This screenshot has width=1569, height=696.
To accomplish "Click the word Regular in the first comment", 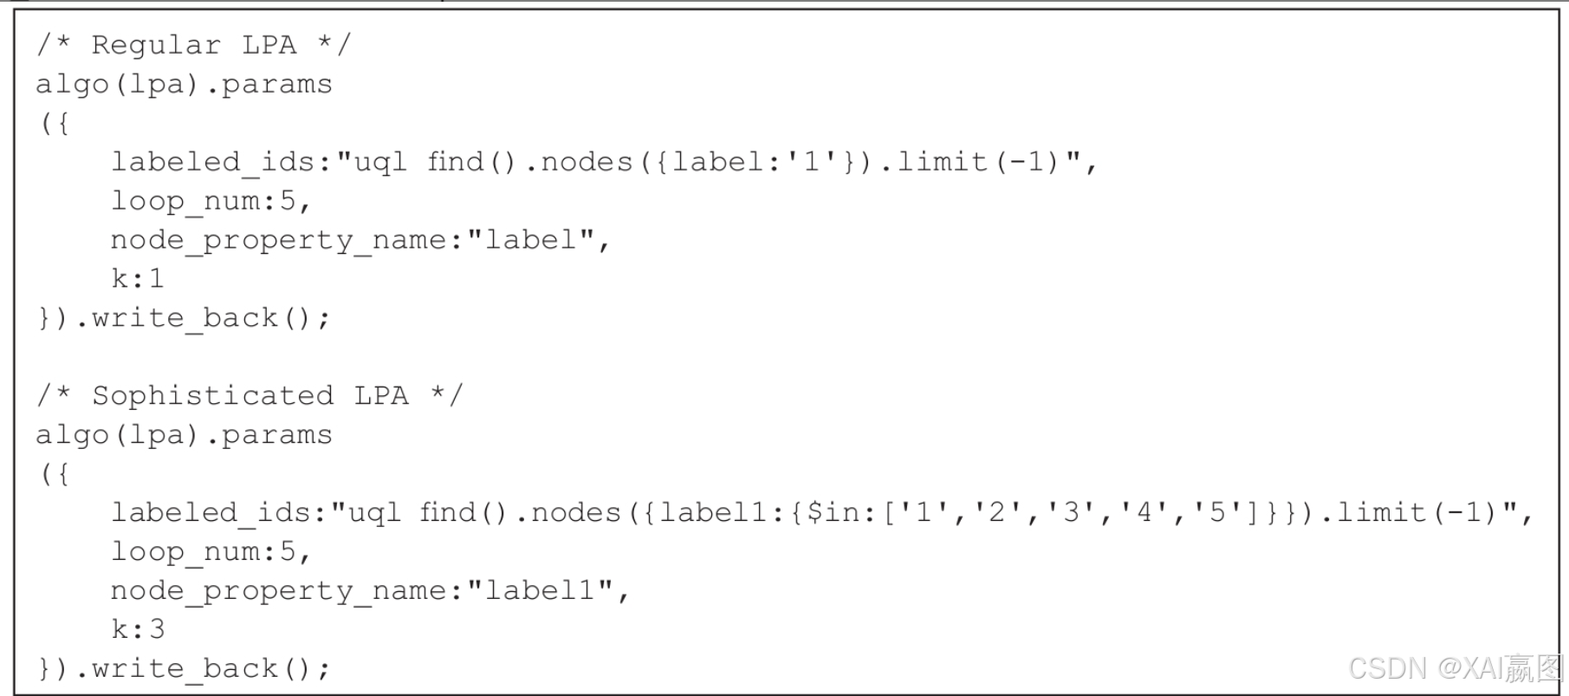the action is [x=156, y=45].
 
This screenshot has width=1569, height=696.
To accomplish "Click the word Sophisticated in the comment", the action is [x=212, y=396].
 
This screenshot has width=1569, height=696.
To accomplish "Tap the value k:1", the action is [x=138, y=279].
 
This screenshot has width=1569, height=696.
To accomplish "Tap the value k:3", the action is [x=138, y=629].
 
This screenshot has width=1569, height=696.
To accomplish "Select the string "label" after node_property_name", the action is [x=530, y=240].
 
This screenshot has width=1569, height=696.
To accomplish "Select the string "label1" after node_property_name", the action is [x=540, y=591].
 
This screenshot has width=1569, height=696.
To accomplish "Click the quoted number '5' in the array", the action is [x=1217, y=513].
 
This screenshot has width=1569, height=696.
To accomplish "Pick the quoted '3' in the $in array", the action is [x=1071, y=513].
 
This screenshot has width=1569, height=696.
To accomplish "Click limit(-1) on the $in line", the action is [x=1417, y=513].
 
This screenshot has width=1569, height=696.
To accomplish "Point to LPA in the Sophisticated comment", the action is [x=381, y=396].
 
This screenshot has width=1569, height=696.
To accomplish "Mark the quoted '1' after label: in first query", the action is [x=812, y=162].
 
